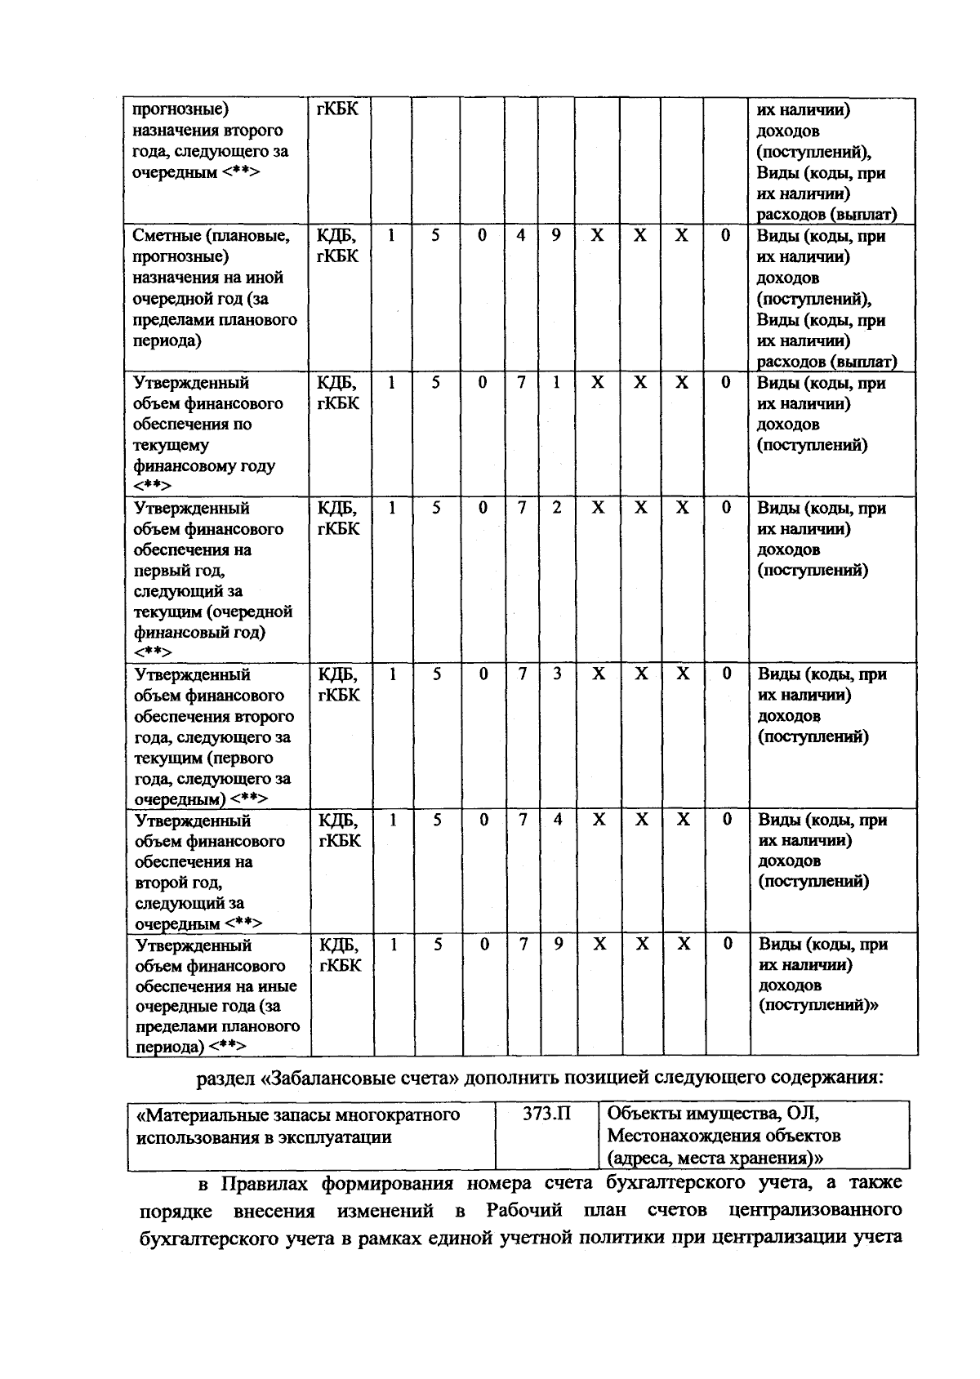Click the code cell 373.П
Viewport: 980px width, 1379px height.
pyautogui.click(x=547, y=1114)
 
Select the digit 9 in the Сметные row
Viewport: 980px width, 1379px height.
pyautogui.click(x=556, y=236)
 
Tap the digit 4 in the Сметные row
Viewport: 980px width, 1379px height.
pyautogui.click(x=521, y=236)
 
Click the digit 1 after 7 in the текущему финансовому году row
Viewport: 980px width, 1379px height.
pyautogui.click(x=556, y=382)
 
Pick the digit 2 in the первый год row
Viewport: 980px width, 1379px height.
pyautogui.click(x=557, y=507)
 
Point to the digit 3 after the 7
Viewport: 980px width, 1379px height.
pyautogui.click(x=558, y=674)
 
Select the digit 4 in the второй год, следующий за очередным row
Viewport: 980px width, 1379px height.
pyautogui.click(x=558, y=819)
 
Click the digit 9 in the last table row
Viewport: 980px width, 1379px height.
pyautogui.click(x=559, y=944)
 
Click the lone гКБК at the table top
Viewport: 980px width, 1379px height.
pyautogui.click(x=336, y=109)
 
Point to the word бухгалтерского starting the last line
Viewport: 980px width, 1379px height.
pyautogui.click(x=206, y=1238)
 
